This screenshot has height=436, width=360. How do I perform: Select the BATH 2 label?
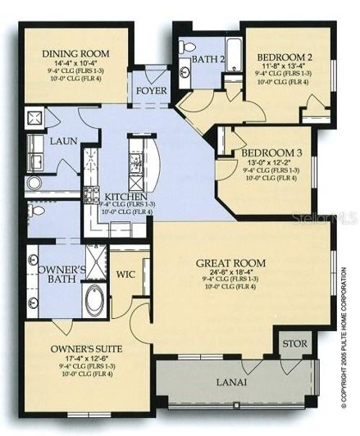click(208, 59)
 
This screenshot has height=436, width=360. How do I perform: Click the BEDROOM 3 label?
click(268, 152)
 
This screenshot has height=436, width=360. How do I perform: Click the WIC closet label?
click(125, 275)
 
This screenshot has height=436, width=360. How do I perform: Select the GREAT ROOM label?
click(230, 262)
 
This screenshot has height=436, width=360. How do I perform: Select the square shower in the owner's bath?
click(95, 261)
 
